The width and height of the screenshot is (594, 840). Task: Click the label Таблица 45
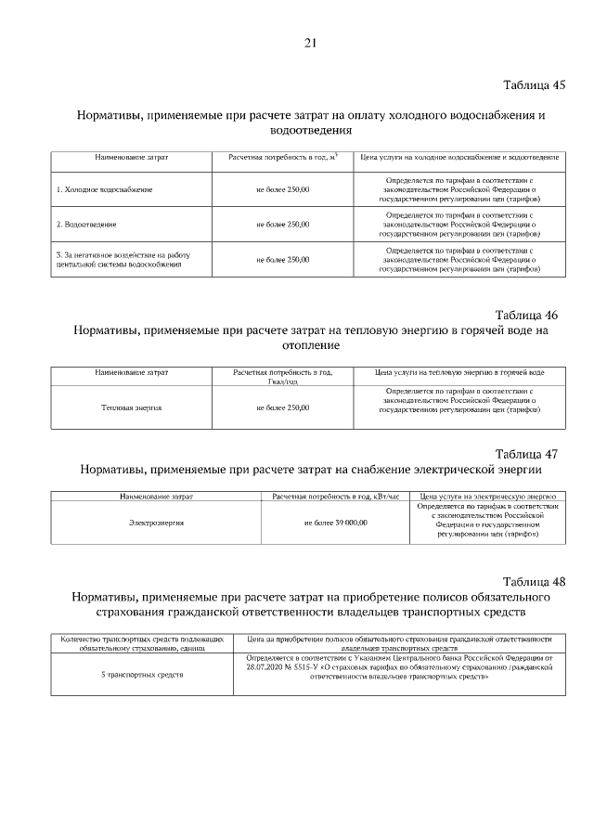click(x=534, y=85)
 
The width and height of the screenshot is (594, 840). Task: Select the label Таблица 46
click(x=526, y=315)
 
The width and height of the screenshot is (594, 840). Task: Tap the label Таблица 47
click(x=526, y=454)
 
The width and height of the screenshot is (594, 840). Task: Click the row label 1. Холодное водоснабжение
click(x=105, y=189)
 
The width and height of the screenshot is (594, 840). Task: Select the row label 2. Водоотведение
click(x=86, y=224)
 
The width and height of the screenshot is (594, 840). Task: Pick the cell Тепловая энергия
click(x=131, y=407)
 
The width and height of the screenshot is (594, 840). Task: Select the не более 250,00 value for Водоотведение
click(x=282, y=224)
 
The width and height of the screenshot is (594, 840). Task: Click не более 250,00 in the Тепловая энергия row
click(x=282, y=407)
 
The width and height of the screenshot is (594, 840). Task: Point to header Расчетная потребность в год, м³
click(x=282, y=157)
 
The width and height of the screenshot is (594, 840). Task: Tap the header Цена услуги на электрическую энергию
click(x=487, y=498)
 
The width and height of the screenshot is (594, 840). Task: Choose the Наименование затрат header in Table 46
click(x=131, y=372)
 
